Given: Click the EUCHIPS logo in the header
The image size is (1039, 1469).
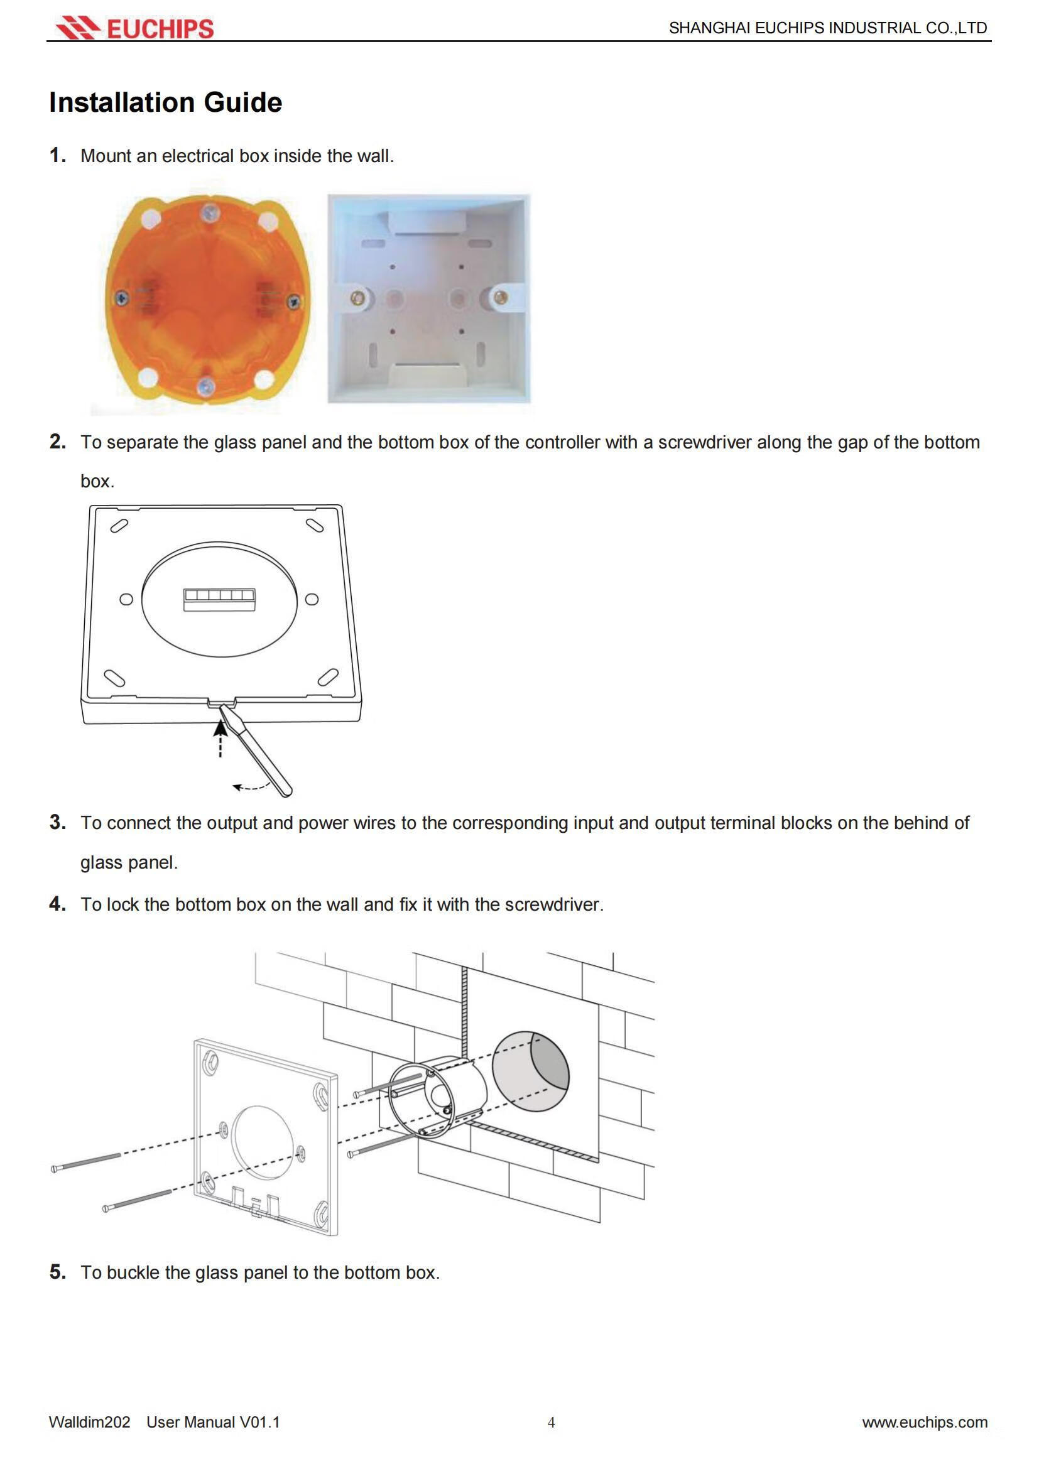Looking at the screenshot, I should click(134, 28).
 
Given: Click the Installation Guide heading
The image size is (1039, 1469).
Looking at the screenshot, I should click(166, 102).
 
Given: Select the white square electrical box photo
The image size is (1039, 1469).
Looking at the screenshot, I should click(428, 299).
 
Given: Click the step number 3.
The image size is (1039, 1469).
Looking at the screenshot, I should click(58, 822).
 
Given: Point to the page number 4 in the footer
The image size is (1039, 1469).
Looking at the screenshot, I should click(551, 1423).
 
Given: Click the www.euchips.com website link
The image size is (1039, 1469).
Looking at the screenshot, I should click(925, 1423).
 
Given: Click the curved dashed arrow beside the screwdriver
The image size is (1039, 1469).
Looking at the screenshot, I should click(249, 786).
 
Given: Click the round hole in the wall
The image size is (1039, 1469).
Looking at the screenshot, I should click(531, 1071).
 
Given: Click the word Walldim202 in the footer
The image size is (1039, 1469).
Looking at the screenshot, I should click(90, 1423).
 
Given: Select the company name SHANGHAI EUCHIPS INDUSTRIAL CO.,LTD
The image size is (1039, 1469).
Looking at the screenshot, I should click(828, 28).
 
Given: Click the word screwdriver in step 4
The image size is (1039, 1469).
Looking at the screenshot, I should click(553, 904).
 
